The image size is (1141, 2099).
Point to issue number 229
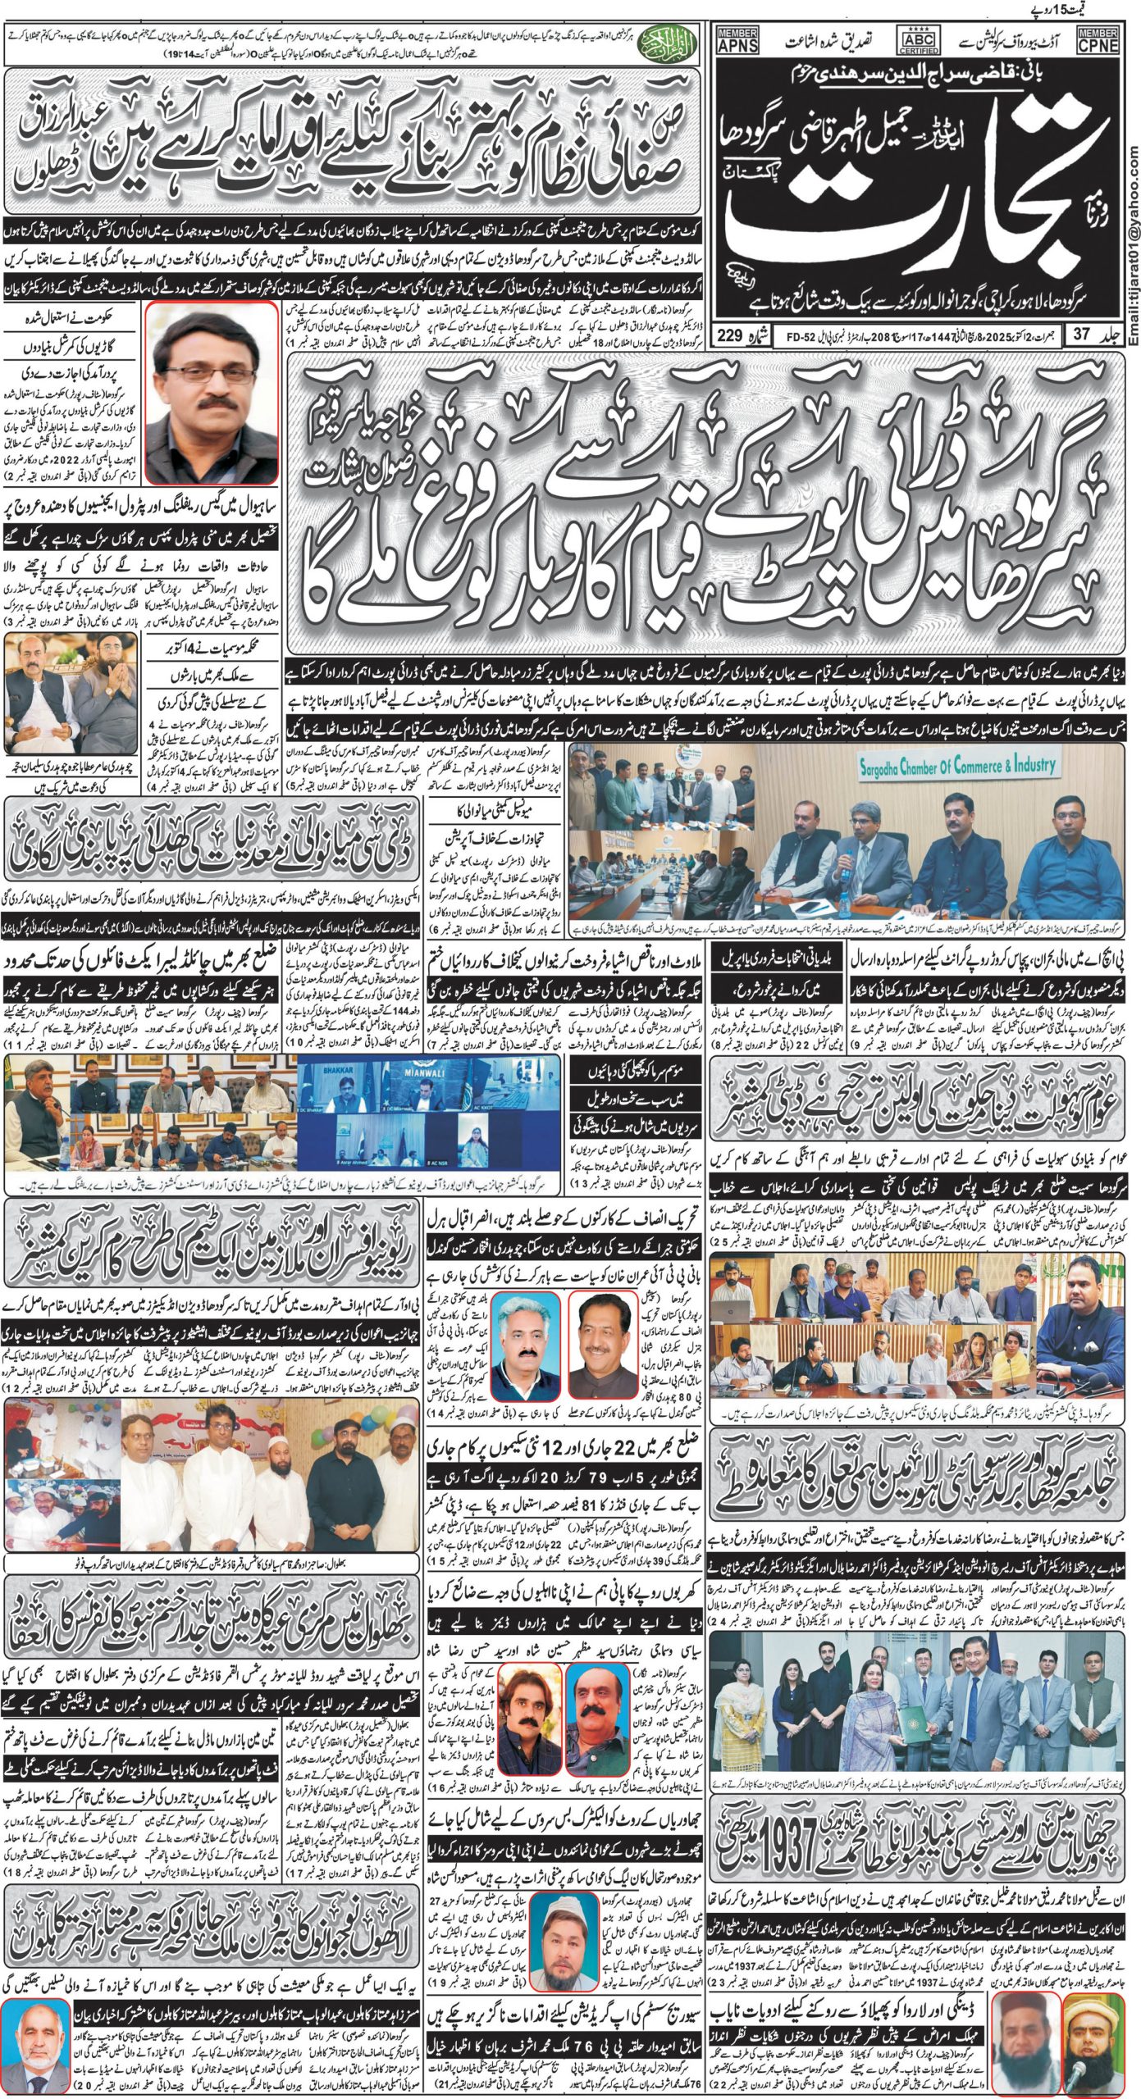[x=731, y=335]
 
